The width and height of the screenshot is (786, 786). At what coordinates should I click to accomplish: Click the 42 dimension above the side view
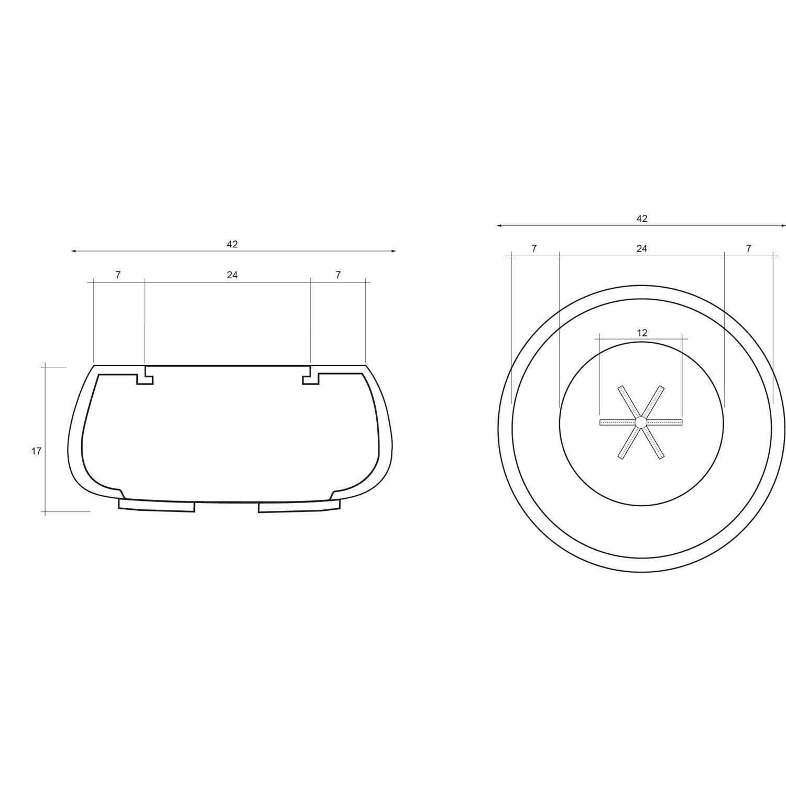[232, 244]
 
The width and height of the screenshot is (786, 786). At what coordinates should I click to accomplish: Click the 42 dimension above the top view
[642, 219]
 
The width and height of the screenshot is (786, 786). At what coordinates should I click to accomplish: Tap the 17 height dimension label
[36, 451]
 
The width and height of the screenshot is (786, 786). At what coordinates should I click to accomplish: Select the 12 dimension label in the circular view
[642, 333]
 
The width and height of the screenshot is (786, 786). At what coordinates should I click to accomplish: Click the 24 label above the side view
[232, 275]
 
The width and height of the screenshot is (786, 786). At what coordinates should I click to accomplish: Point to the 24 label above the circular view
[642, 248]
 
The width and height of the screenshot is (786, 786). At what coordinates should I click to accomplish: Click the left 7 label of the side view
[118, 275]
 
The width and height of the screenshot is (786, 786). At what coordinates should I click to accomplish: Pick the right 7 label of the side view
[338, 275]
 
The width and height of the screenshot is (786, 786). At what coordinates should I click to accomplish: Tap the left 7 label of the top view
[534, 248]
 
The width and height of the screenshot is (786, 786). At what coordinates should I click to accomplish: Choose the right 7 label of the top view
[748, 248]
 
